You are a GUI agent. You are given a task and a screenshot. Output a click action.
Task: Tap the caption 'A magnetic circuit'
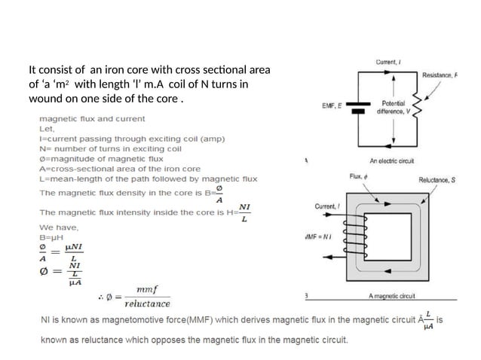point(392,296)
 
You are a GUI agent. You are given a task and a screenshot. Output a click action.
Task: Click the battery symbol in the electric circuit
point(359,107)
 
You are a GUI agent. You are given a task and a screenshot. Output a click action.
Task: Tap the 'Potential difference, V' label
point(392,107)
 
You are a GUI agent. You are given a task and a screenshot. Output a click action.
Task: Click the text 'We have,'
point(57,226)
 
